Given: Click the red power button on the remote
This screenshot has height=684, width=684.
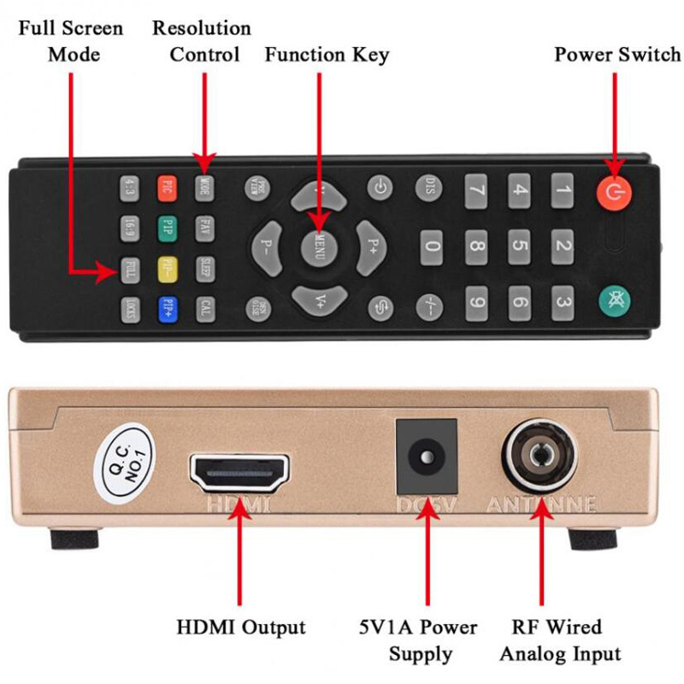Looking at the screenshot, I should pos(613,193).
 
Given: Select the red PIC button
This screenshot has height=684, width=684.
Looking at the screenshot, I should pos(168,186).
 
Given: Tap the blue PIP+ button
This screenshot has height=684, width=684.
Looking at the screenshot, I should pos(168,307).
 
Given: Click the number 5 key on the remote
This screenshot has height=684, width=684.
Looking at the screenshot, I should pos(519,247).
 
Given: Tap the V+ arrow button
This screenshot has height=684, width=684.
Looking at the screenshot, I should pos(318,300).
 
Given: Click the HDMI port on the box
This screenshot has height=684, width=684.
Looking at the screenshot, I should pos(239,471).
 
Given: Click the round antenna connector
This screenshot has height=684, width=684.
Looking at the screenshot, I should pos(540,455).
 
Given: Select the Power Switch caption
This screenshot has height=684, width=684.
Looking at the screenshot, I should pos(617,55).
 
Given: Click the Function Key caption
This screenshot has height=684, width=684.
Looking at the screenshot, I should pos(327,55).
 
